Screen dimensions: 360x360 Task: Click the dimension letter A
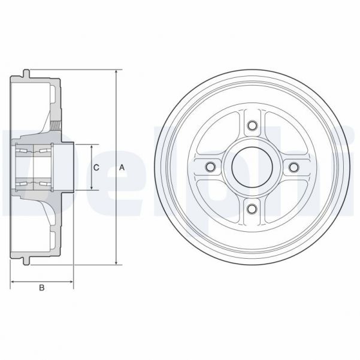point(122,168)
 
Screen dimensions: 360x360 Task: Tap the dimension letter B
point(42,289)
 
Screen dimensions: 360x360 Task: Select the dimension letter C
point(96,168)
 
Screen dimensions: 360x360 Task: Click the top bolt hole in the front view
point(252,126)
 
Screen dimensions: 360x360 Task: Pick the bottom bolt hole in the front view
point(252,208)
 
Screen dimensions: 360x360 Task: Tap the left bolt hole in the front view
point(210,167)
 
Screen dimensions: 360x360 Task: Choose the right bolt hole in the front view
point(293,167)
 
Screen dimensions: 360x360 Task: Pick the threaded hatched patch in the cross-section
point(57,126)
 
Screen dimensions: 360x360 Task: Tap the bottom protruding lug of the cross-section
point(27,262)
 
